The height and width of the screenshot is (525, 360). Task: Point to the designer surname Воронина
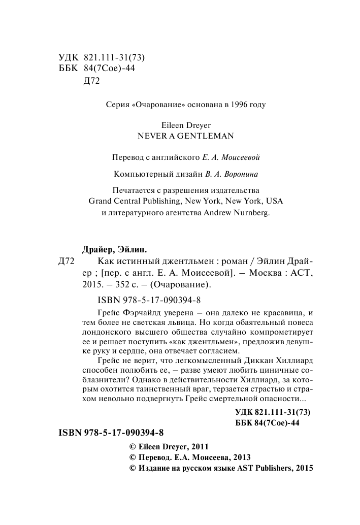[240, 174]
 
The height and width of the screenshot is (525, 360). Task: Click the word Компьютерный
[139, 174]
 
